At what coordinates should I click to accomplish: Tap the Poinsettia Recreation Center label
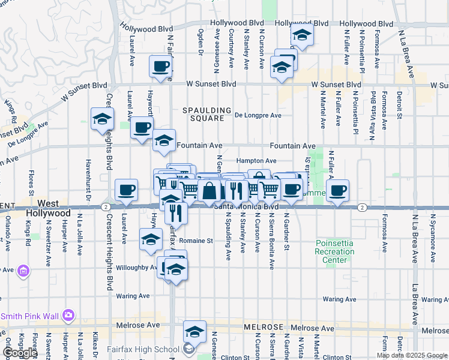coord(334,251)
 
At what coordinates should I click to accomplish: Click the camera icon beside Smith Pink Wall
coord(68,315)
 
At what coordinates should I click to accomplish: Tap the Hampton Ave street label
coord(256,161)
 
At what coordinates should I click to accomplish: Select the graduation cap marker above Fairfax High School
coord(194,331)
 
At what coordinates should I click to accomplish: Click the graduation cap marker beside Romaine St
coord(151,239)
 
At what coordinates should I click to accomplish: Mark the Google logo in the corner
coord(20,353)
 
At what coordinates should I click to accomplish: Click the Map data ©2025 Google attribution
coord(412,355)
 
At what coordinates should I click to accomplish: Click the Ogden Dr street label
coord(200,41)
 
